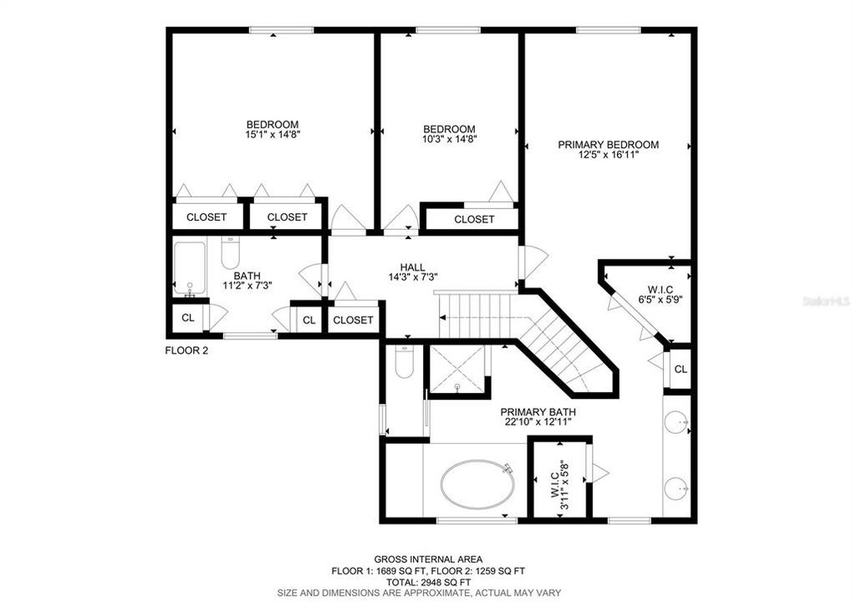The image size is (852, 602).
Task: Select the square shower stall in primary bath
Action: click(457, 368)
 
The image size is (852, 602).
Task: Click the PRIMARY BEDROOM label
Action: click(608, 145)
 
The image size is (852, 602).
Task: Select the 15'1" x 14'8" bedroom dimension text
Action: click(272, 134)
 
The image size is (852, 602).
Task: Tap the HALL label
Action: click(413, 267)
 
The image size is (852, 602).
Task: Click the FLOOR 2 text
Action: click(186, 351)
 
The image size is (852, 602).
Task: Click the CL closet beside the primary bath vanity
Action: click(681, 370)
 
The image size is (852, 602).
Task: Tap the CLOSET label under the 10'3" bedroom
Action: click(474, 220)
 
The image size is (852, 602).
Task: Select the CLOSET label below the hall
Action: click(353, 320)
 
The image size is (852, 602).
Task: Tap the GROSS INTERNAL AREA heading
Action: click(426, 559)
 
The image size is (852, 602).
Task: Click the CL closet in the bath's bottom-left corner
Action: click(188, 319)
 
